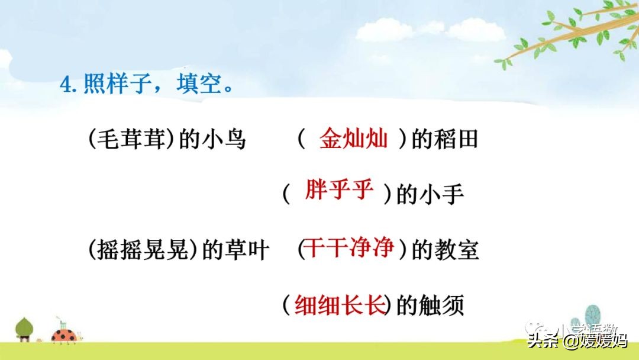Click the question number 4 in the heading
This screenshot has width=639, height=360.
[66, 85]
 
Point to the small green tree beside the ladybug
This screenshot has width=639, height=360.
[24, 329]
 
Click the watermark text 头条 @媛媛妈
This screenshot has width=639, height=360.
[577, 342]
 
